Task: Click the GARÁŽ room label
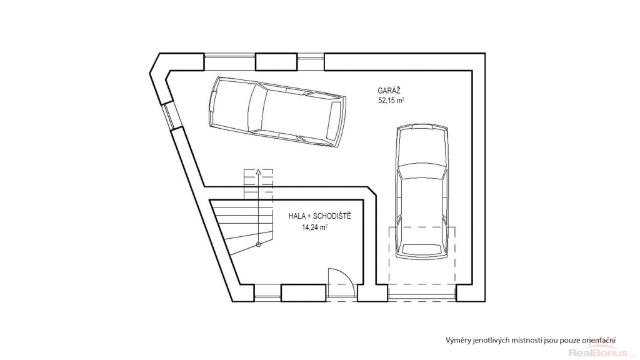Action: [x=389, y=91]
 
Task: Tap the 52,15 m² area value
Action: [x=391, y=101]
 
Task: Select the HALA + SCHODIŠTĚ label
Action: [x=319, y=216]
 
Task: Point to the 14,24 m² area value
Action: [x=314, y=227]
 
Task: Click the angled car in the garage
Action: [x=277, y=112]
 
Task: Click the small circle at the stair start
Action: [x=258, y=244]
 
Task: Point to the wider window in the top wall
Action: [x=230, y=62]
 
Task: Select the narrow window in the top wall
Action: [x=311, y=62]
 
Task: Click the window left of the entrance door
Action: [x=267, y=293]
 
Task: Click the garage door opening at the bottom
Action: [x=422, y=293]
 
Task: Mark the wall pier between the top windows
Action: [x=276, y=62]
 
